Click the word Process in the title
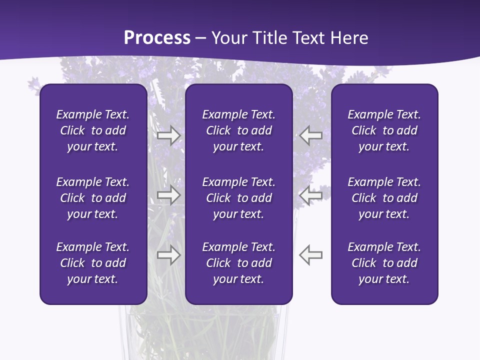click(157, 38)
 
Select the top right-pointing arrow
click(169, 135)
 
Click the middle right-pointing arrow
click(169, 195)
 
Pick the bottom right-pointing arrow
click(169, 255)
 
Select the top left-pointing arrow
click(310, 135)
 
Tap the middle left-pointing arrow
click(310, 195)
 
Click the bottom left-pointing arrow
click(310, 255)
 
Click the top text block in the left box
click(93, 130)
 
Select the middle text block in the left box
click(93, 198)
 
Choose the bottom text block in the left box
click(93, 263)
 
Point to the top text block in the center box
click(238, 130)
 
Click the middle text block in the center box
click(238, 198)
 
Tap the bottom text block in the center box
click(238, 263)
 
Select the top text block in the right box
click(384, 130)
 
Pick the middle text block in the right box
click(384, 198)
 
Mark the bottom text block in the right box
click(384, 263)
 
